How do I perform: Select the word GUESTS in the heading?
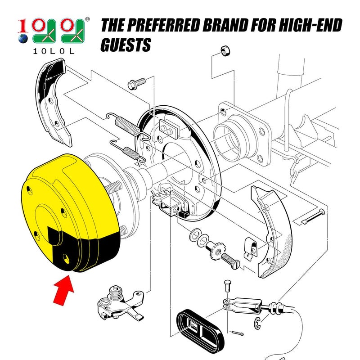pyautogui.click(x=126, y=45)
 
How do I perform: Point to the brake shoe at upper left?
pyautogui.click(x=54, y=103)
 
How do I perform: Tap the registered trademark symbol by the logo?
pyautogui.click(x=87, y=20)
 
